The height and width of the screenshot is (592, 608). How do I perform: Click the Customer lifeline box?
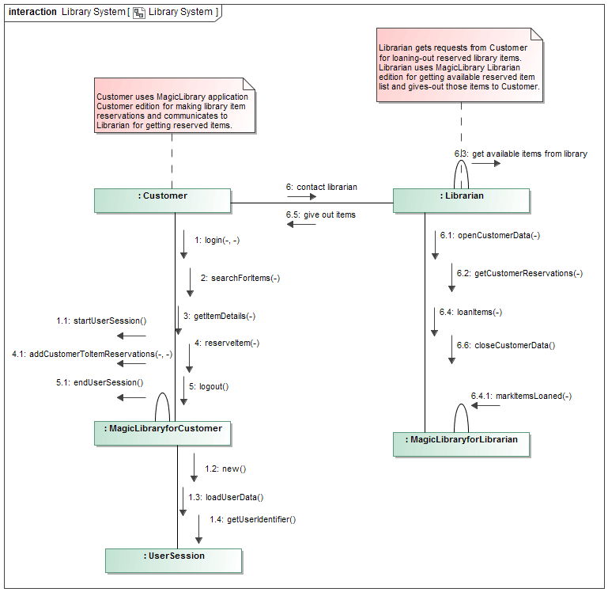pyautogui.click(x=162, y=200)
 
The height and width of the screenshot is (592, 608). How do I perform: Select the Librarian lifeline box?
pyautogui.click(x=461, y=200)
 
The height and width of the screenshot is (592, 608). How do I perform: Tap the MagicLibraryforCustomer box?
pyautogui.click(x=164, y=433)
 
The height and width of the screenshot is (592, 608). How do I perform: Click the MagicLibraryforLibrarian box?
pyautogui.click(x=462, y=444)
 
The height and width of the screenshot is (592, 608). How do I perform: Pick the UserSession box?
pyautogui.click(x=173, y=560)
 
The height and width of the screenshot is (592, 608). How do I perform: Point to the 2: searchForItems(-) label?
pyautogui.click(x=240, y=278)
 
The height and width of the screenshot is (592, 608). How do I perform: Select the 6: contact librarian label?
pyautogui.click(x=322, y=187)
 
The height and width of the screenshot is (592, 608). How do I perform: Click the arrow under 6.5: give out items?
pyautogui.click(x=301, y=225)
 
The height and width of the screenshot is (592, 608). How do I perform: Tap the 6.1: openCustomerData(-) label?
pyautogui.click(x=490, y=235)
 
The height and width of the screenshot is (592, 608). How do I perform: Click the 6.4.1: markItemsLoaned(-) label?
pyautogui.click(x=521, y=396)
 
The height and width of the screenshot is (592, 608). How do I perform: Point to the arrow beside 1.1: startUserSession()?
pyautogui.click(x=131, y=336)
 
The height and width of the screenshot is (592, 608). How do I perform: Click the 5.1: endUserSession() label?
pyautogui.click(x=100, y=382)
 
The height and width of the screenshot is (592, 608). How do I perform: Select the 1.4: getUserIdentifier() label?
pyautogui.click(x=252, y=519)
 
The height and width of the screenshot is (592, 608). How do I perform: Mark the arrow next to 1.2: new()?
pyautogui.click(x=194, y=468)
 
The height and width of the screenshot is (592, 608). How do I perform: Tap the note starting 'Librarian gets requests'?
pyautogui.click(x=460, y=67)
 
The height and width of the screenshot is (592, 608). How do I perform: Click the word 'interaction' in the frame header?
pyautogui.click(x=32, y=12)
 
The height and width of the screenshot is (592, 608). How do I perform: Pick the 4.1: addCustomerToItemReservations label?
pyautogui.click(x=92, y=354)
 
